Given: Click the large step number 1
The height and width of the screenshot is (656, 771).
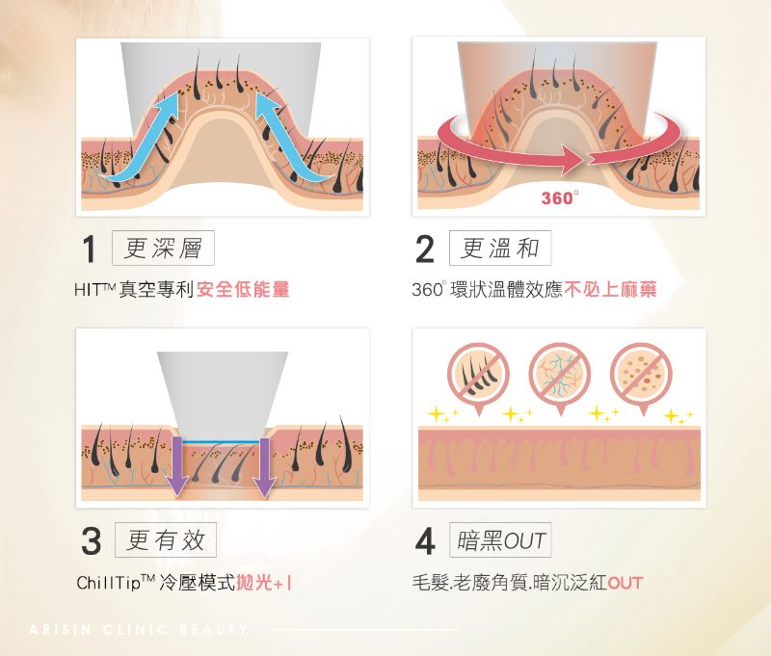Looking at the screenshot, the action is (x=89, y=249).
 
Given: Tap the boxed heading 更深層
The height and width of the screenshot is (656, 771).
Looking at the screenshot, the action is (x=163, y=248).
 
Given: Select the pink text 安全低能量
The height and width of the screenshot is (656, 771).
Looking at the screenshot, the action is (x=243, y=289).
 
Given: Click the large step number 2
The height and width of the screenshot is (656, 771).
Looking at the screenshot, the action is (x=425, y=249).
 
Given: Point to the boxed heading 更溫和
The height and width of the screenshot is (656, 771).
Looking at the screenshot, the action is (x=500, y=248).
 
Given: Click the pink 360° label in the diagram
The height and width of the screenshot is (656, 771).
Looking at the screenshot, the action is (x=560, y=197).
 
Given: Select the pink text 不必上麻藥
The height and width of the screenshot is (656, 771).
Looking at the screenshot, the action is (x=610, y=289).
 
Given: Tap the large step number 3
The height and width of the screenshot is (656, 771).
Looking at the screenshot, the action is (x=91, y=541).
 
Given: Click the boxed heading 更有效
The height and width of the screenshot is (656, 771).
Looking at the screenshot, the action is (x=166, y=539).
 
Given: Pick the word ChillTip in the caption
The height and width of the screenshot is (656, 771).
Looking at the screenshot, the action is (x=109, y=583).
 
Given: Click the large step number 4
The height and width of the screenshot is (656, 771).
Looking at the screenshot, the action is (x=425, y=541).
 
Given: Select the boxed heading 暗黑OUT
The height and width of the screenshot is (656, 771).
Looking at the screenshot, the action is (x=500, y=539).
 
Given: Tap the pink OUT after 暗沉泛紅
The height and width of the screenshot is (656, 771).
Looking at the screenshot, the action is (x=625, y=583).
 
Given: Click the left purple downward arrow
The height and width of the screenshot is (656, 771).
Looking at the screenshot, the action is (x=176, y=466).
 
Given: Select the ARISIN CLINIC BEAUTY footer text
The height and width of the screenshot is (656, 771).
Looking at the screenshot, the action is (x=138, y=629).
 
